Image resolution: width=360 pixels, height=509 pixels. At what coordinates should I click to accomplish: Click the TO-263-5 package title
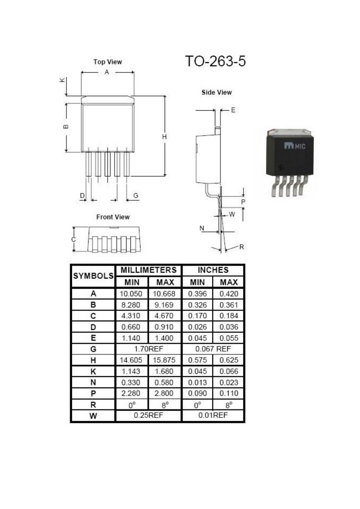tap(215, 61)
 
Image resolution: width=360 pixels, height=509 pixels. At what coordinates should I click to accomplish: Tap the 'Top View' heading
tap(108, 62)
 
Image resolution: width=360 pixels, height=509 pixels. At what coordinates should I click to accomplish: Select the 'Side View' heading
tap(217, 92)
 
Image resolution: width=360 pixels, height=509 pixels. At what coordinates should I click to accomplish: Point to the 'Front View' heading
tap(113, 217)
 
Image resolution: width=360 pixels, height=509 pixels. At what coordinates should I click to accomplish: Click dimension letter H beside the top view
tap(164, 137)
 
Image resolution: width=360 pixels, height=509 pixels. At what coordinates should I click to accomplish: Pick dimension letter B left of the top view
tap(66, 127)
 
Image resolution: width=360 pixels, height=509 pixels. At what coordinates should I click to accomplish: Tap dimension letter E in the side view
tap(233, 110)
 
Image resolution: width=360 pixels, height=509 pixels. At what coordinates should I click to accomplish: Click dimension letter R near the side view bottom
tap(242, 247)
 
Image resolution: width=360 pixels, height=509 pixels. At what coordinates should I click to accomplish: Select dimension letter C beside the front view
tap(73, 239)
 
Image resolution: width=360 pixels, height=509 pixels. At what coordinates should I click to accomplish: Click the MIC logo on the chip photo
tap(295, 146)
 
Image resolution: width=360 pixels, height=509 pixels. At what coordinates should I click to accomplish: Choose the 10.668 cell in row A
tap(164, 294)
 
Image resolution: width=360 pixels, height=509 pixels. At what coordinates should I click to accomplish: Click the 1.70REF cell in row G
tap(149, 349)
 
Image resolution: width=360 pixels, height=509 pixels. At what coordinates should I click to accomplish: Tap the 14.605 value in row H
tap(131, 360)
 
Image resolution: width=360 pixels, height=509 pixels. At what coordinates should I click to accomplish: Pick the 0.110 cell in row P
tap(229, 393)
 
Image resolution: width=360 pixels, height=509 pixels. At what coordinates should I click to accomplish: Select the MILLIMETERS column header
tap(149, 270)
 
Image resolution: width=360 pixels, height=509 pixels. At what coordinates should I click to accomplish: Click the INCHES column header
tap(213, 270)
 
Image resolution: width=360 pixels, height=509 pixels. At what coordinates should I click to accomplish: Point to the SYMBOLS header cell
tap(93, 276)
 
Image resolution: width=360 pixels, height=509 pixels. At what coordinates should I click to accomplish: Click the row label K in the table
tap(93, 371)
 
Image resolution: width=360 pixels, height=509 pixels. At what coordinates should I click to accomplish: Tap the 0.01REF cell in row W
tap(213, 415)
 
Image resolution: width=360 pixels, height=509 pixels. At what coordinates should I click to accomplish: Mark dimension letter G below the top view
tap(136, 195)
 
